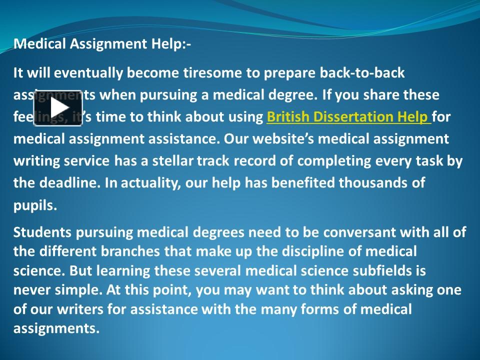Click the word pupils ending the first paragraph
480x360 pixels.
35,205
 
